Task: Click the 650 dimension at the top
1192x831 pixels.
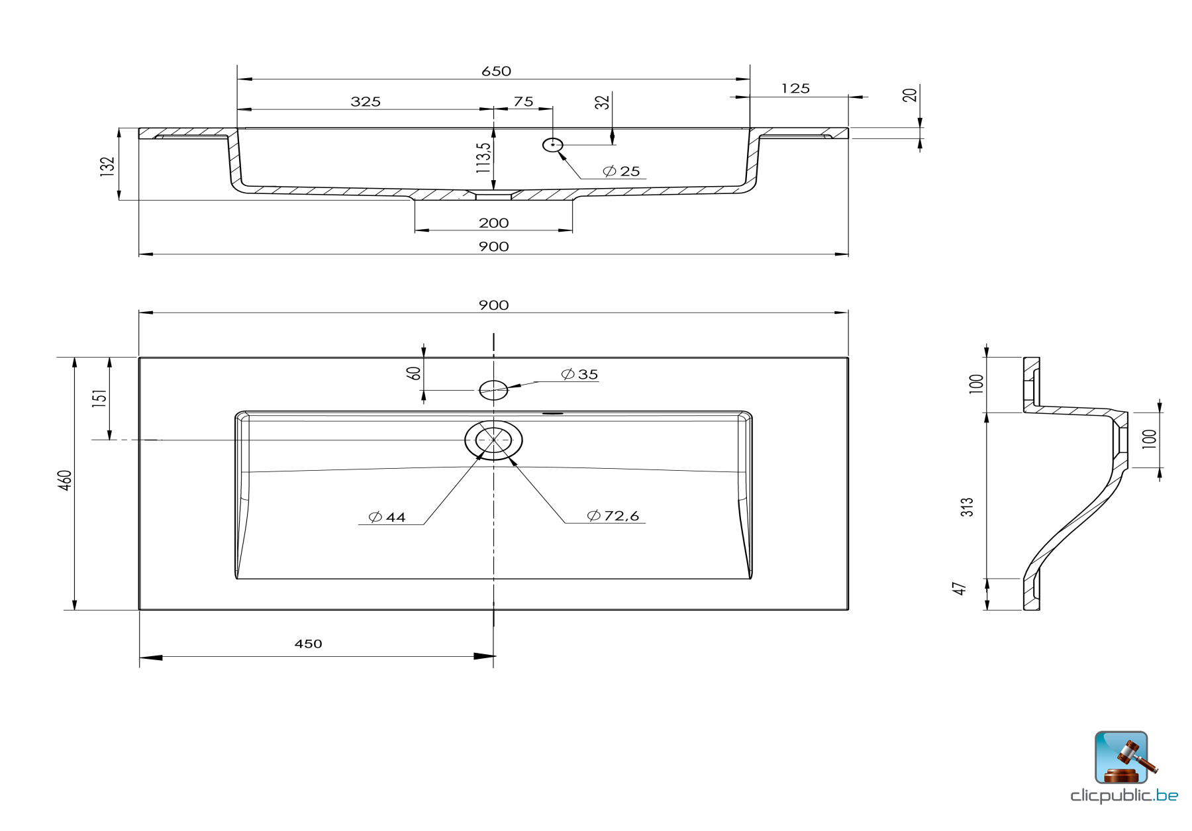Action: click(496, 71)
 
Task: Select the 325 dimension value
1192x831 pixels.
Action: click(366, 101)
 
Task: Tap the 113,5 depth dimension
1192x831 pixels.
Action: click(484, 158)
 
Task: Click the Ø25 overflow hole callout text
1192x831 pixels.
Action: click(622, 171)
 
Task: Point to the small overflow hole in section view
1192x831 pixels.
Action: click(552, 144)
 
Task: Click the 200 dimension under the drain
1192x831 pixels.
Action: click(493, 223)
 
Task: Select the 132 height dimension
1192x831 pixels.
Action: click(107, 166)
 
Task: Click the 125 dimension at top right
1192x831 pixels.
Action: click(795, 89)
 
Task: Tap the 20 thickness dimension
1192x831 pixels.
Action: click(910, 95)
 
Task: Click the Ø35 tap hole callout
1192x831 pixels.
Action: click(579, 375)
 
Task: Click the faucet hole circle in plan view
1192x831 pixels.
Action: click(493, 390)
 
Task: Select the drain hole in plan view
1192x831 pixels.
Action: click(493, 440)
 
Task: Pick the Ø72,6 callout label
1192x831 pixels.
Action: click(613, 516)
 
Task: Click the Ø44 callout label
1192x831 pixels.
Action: click(387, 517)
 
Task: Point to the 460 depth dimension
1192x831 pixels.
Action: click(65, 481)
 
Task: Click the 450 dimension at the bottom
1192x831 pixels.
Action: click(308, 644)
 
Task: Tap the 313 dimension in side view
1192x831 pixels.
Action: click(968, 507)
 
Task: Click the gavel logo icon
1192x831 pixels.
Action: click(1121, 758)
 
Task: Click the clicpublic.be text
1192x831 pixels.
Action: click(1124, 795)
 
